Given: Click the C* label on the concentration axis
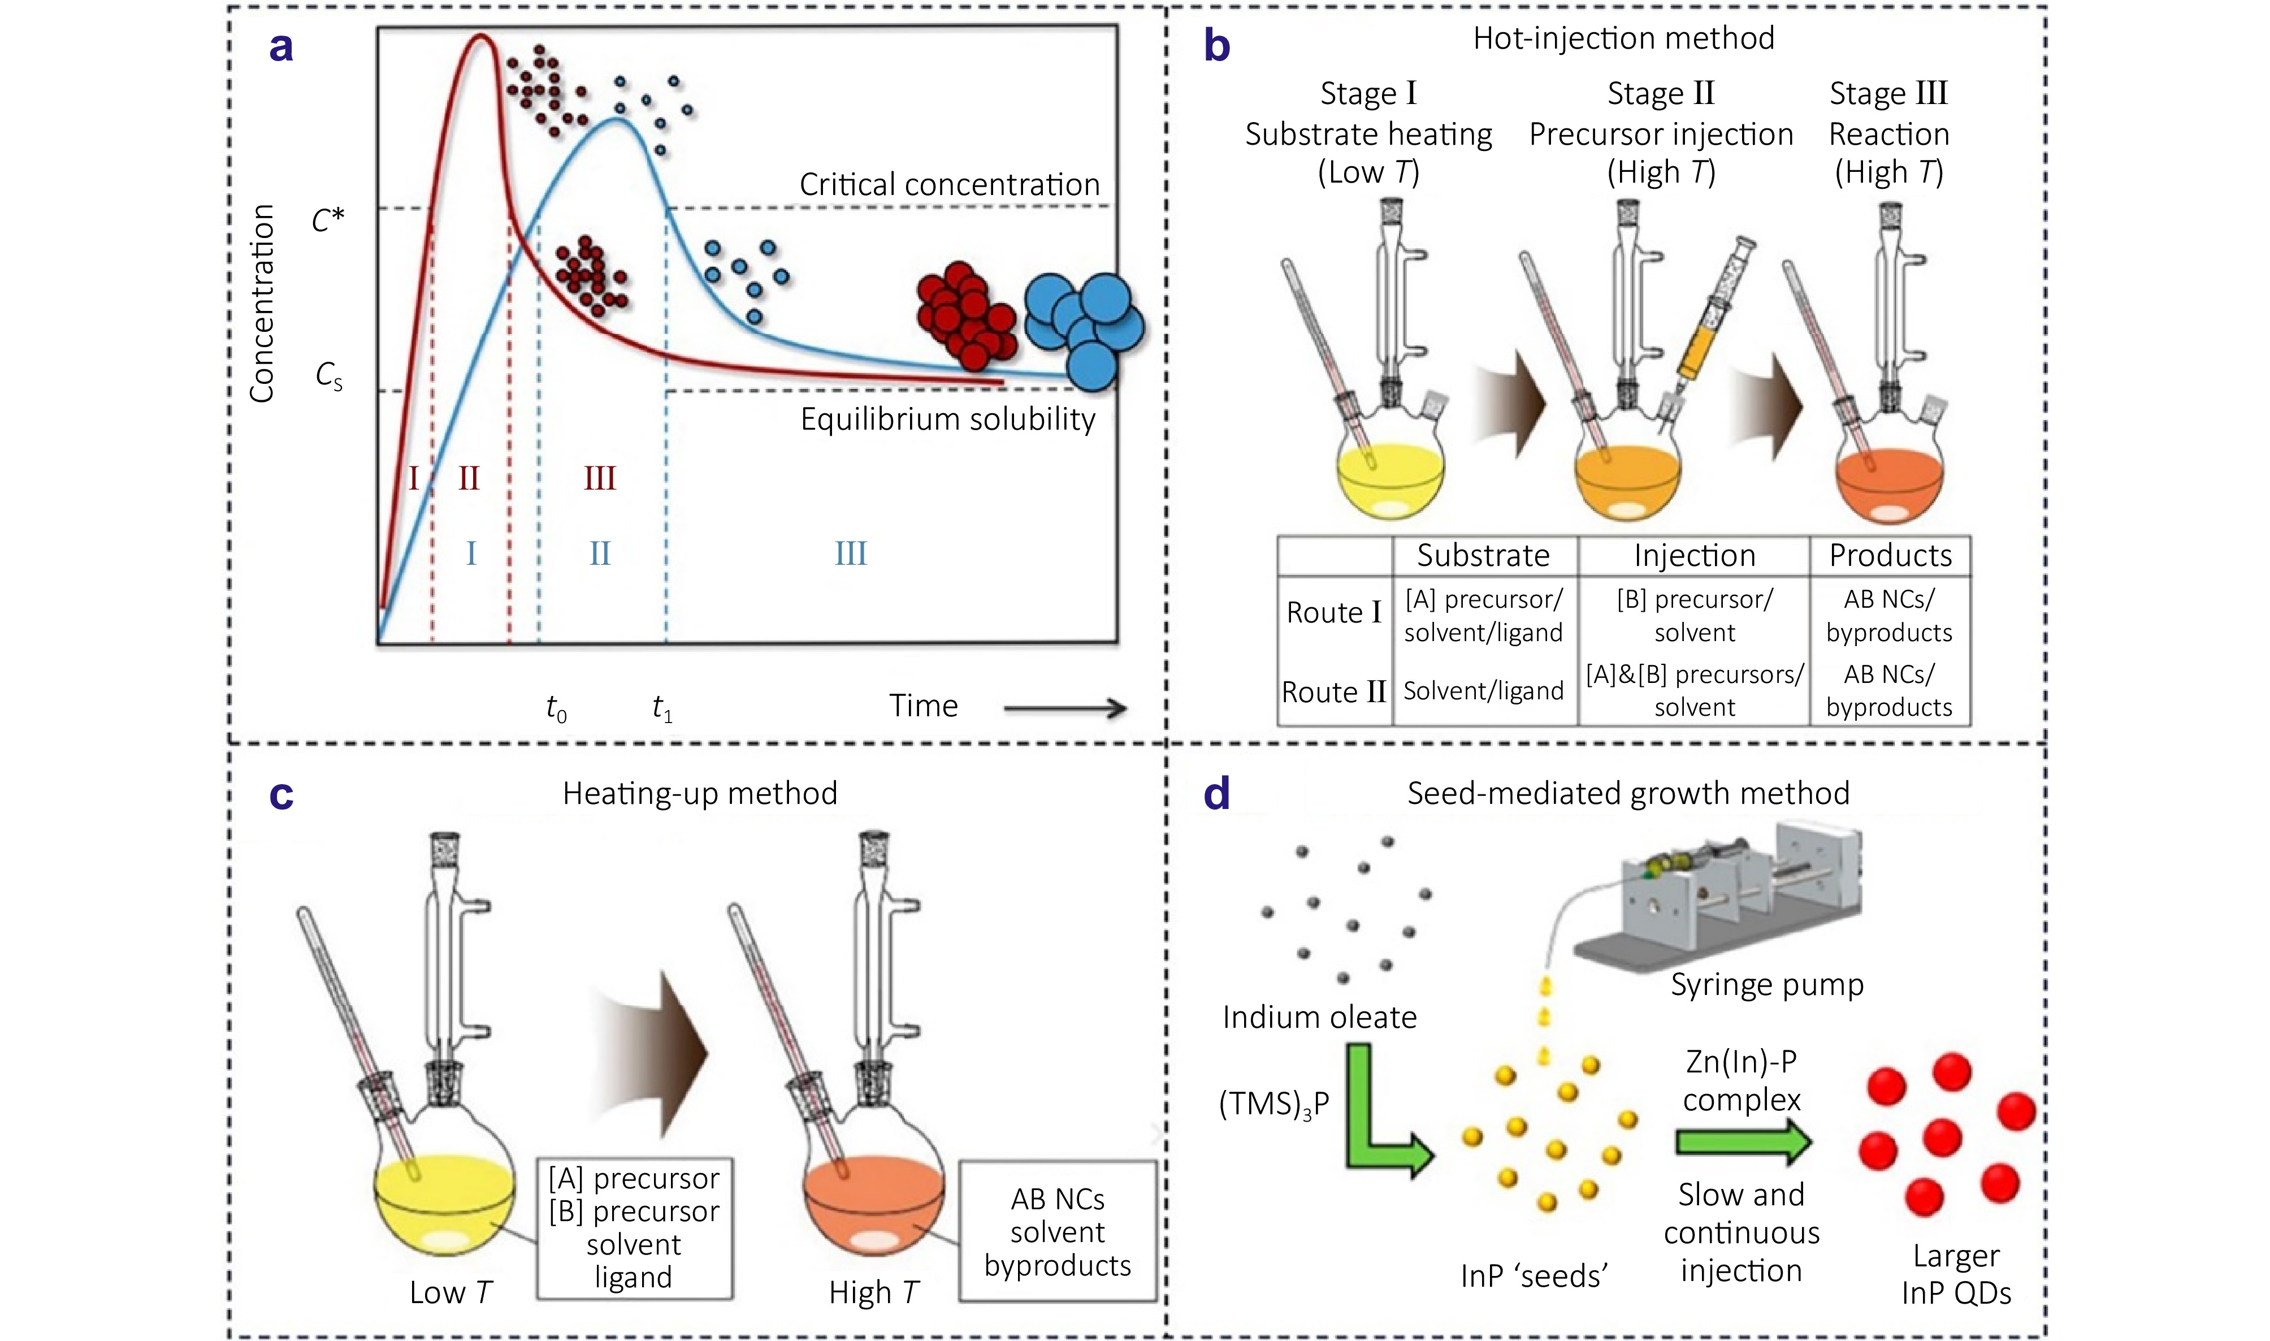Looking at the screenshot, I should click(327, 219).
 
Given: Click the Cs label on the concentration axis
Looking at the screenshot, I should click(329, 376).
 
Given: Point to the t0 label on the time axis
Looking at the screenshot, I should click(556, 708).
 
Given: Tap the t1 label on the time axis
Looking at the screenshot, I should click(662, 708).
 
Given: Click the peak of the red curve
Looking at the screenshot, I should click(482, 38).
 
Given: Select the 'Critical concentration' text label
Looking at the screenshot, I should click(950, 184).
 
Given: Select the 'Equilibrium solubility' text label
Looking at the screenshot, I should click(947, 419).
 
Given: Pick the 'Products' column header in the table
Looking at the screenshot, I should click(1890, 555).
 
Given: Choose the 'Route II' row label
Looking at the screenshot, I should click(1333, 692).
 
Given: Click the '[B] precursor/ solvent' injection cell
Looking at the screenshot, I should click(1695, 615).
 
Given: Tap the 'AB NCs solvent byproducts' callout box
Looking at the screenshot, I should click(1057, 1232).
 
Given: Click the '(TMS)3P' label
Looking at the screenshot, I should click(1273, 1104).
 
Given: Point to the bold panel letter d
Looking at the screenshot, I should click(1217, 793).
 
